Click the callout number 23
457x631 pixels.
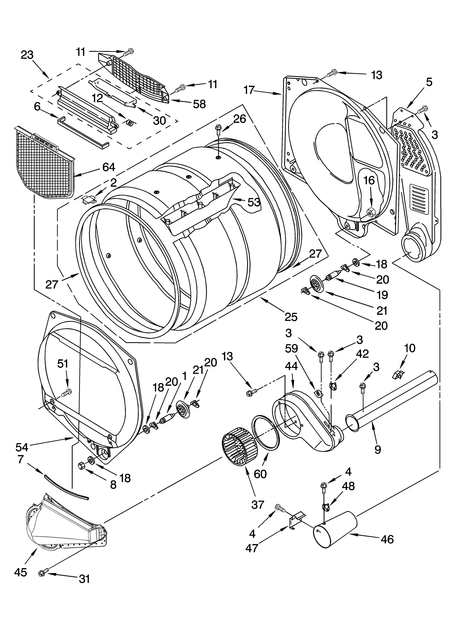pyautogui.click(x=27, y=55)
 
